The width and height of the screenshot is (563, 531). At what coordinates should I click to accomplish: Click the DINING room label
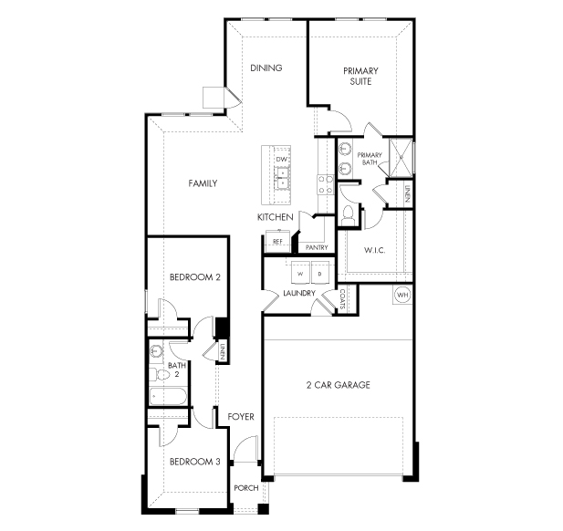[x=266, y=68]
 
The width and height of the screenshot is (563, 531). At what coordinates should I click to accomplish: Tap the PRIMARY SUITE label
[x=360, y=76]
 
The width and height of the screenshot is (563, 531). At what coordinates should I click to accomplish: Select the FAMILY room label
[x=203, y=183]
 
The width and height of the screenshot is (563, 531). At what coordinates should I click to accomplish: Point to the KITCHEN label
[x=275, y=217]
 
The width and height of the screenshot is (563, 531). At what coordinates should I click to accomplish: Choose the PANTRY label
[x=317, y=247]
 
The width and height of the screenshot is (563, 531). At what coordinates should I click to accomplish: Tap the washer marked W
[x=299, y=274]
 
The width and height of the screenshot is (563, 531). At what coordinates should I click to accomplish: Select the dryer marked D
[x=321, y=274]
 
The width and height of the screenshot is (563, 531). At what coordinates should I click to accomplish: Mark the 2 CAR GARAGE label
[x=338, y=385]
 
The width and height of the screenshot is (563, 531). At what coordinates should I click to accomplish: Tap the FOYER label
[x=241, y=417]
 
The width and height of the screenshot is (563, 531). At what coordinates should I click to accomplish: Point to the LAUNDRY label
[x=299, y=293]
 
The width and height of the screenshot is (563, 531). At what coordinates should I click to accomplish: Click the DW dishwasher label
[x=282, y=160]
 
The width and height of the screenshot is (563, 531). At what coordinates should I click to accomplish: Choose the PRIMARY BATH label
[x=369, y=158]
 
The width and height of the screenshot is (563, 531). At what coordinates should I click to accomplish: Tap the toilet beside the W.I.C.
[x=349, y=213]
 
